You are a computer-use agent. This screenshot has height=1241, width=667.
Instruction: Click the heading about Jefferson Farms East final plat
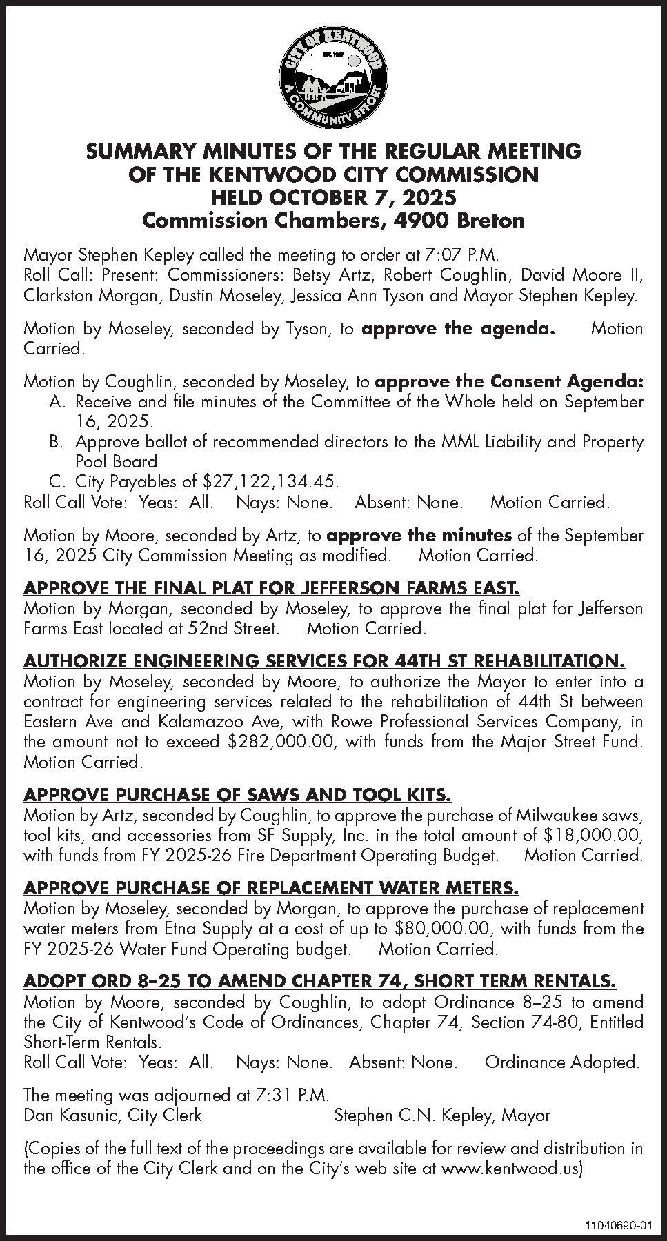coord(271,589)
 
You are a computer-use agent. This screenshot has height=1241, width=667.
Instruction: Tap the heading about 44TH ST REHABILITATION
coord(324,662)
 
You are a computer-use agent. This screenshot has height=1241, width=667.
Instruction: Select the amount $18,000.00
coord(593,836)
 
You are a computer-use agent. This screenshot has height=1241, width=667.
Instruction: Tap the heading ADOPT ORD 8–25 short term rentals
coord(320,980)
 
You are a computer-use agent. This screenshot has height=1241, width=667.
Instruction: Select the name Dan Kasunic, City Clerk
coord(112,1116)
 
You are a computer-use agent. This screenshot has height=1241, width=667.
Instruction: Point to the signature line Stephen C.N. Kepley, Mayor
coord(442,1116)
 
